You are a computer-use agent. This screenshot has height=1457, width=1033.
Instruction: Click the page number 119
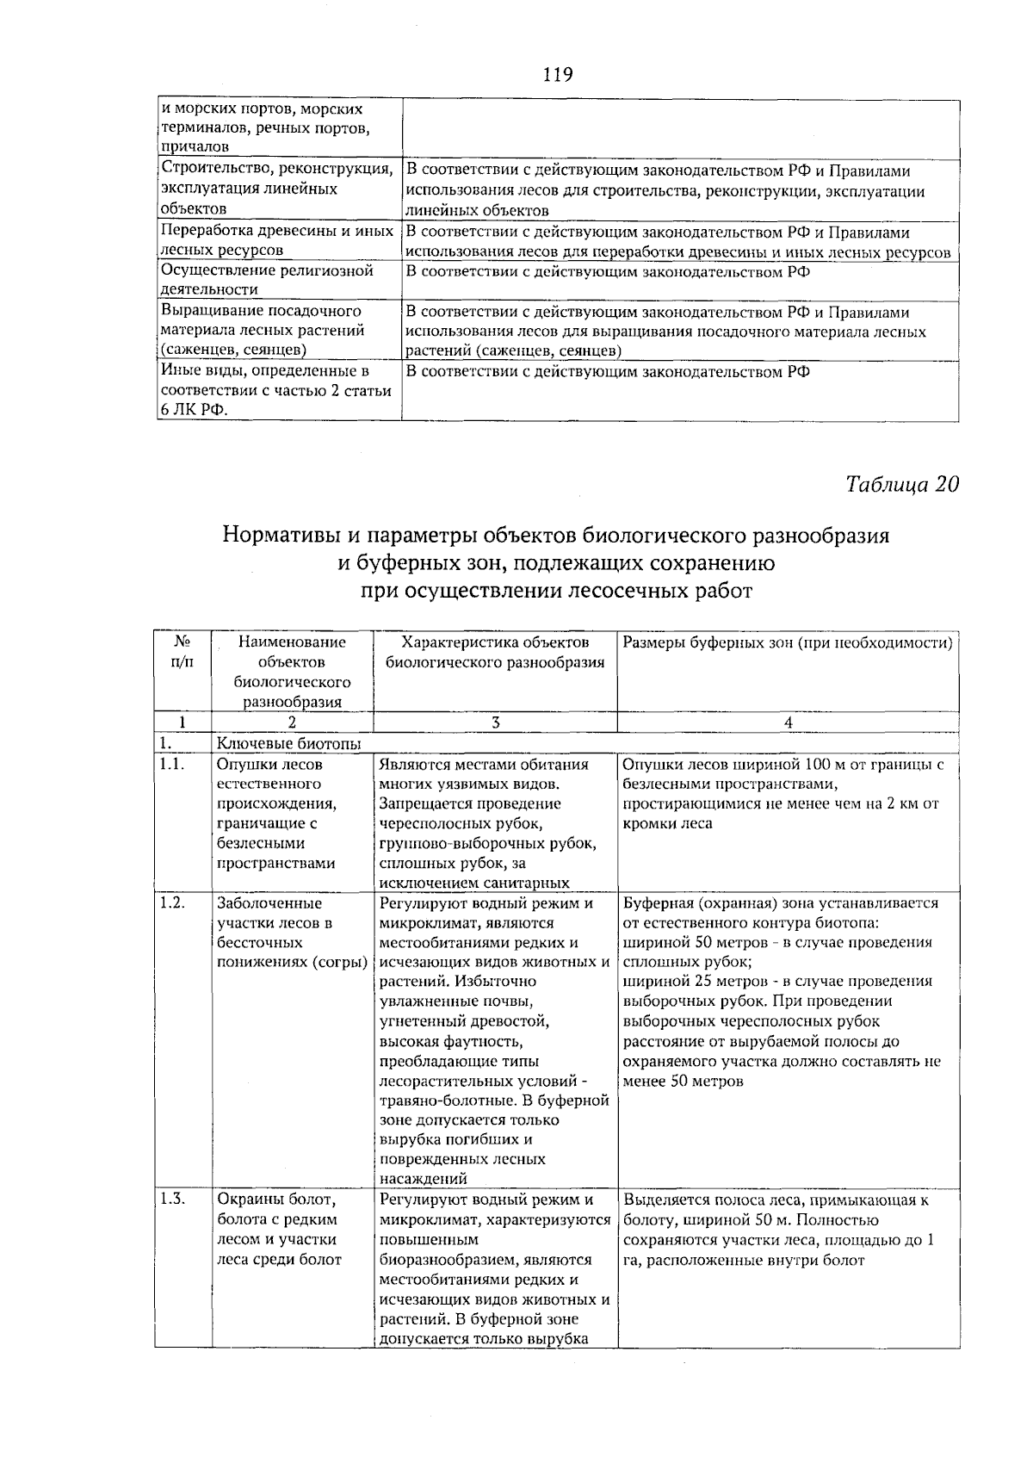(x=558, y=75)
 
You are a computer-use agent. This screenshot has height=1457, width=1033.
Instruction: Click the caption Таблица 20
(x=901, y=484)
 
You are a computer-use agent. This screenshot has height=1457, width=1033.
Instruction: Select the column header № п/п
(x=182, y=652)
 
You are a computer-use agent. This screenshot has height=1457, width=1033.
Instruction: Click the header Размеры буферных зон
(x=787, y=642)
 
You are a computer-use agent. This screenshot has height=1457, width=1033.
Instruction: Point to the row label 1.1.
(x=172, y=764)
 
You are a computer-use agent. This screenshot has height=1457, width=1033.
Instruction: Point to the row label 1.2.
(x=172, y=903)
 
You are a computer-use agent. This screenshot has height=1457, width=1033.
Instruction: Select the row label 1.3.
(x=172, y=1200)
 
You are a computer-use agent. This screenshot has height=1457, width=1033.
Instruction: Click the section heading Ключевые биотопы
(x=288, y=743)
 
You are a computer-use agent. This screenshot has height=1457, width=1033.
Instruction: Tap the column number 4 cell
(x=789, y=723)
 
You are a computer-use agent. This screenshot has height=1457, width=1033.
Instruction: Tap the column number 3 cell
(x=496, y=723)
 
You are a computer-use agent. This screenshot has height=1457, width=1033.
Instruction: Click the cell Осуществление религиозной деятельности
(x=268, y=280)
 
